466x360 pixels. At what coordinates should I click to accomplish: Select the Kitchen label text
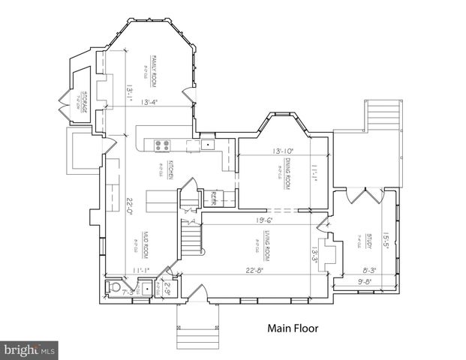click(x=171, y=169)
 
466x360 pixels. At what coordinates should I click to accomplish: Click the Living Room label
click(x=266, y=247)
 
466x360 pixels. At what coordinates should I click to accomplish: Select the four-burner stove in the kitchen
click(x=162, y=145)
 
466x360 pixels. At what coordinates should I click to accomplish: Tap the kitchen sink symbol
click(x=207, y=143)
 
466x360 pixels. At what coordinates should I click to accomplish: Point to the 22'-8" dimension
click(x=254, y=270)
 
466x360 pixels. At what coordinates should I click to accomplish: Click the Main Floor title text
click(x=293, y=328)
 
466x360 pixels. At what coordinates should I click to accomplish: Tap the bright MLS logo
click(x=30, y=349)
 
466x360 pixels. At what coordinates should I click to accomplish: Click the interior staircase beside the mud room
click(x=192, y=238)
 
